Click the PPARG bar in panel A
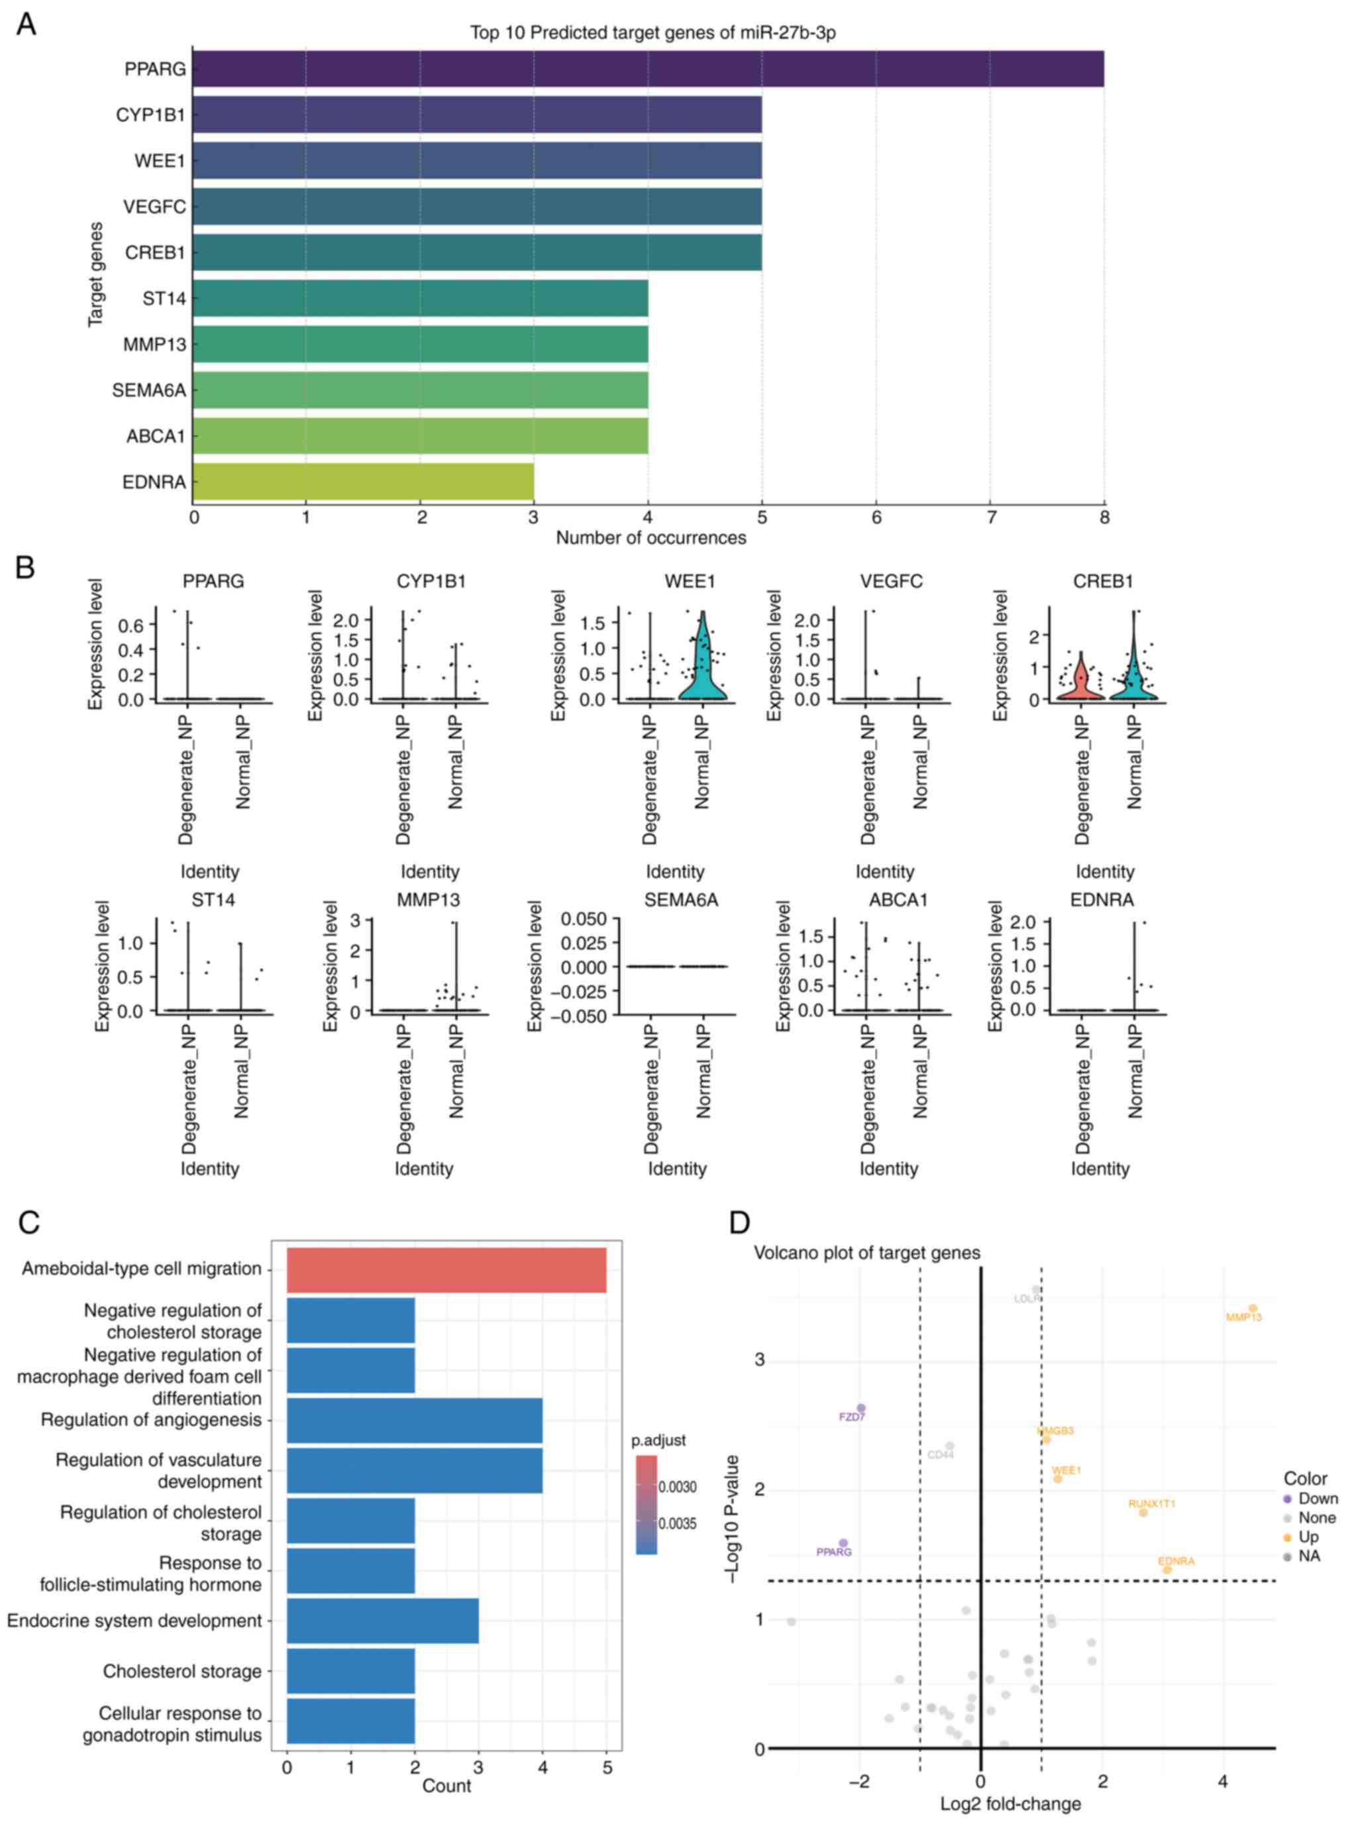648,68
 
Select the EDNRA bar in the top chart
364,482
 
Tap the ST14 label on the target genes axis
164,299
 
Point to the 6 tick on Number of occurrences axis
876,517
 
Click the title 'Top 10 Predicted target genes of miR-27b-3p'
652,32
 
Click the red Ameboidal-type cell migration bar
446,1269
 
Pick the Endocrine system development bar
382,1620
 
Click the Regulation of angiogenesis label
152,1419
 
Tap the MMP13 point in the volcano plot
1253,1308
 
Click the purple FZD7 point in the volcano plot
860,1408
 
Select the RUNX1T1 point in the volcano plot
1142,1513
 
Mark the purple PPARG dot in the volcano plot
843,1543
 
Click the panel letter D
739,1222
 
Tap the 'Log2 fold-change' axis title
1010,1804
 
